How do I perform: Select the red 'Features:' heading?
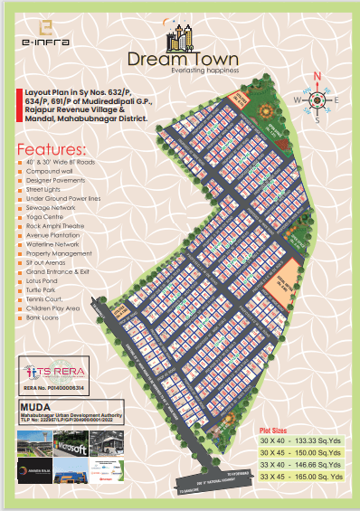coord(52,148)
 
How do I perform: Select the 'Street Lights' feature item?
coord(40,190)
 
